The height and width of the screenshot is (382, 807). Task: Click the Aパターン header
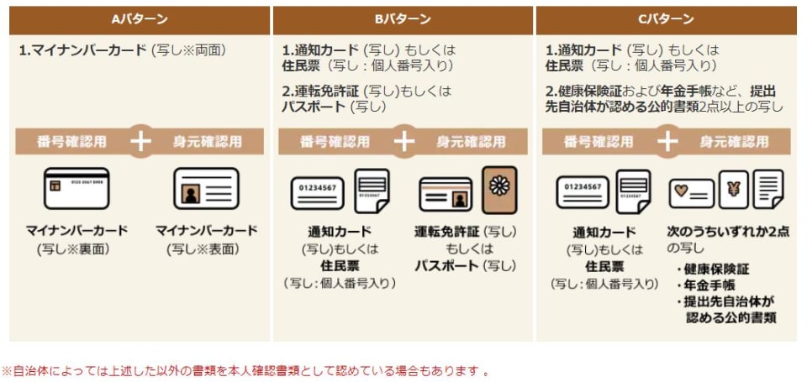pos(139,18)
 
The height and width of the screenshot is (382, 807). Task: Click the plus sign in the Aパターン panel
pos(140,141)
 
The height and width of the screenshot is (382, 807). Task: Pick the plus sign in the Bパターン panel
pos(403,141)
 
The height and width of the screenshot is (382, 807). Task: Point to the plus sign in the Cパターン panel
pos(667,141)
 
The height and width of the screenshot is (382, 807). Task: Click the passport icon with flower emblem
pos(499,188)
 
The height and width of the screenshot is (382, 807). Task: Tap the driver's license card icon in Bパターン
pos(446,194)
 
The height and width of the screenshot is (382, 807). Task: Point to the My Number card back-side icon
pos(76,188)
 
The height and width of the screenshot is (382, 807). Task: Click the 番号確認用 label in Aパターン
pos(71,141)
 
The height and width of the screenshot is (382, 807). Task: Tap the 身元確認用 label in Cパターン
pos(733,141)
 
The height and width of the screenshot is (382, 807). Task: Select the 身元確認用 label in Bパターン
pos(470,141)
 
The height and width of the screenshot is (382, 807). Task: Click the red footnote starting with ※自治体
pos(245,370)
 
